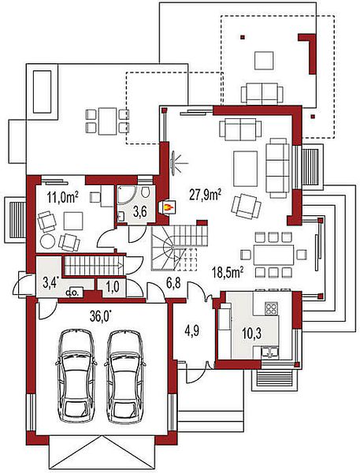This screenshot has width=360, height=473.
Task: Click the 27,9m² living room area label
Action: [205, 195]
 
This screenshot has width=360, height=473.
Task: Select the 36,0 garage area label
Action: [101, 317]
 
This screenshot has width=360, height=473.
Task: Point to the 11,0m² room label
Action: [62, 198]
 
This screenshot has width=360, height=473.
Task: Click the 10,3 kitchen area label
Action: [251, 333]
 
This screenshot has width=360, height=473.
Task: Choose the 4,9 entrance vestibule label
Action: [193, 331]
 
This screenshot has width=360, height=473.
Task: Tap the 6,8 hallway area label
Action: [173, 284]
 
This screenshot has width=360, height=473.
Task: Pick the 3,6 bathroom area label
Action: [140, 212]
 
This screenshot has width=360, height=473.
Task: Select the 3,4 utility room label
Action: [50, 284]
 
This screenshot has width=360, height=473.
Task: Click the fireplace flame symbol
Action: [168, 207]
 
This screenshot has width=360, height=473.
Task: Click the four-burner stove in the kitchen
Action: [271, 308]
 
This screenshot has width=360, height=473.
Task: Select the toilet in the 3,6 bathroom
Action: [146, 192]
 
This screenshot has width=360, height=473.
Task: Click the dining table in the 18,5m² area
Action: [273, 255]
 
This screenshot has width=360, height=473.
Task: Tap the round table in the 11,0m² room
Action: [47, 242]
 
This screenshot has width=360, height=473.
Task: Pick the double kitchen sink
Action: [270, 352]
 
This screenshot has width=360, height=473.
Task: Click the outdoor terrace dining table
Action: [107, 121]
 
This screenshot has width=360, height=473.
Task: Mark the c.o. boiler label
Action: [74, 292]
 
